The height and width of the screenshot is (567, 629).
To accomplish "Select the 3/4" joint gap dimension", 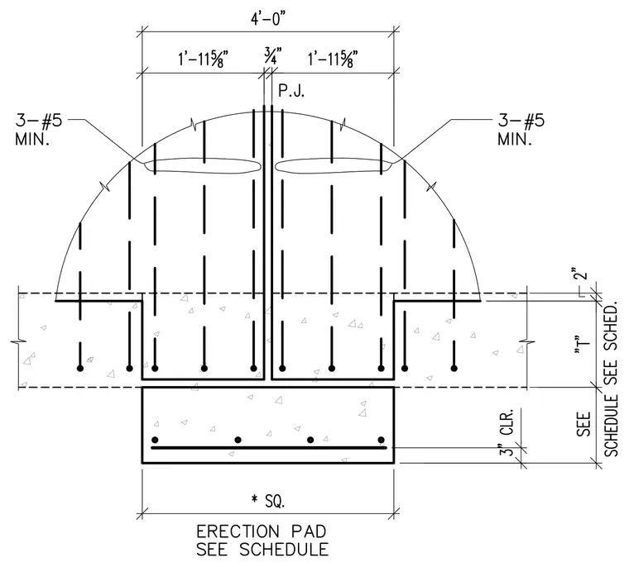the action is tap(272, 56).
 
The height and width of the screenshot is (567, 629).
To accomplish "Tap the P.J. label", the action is tap(291, 91).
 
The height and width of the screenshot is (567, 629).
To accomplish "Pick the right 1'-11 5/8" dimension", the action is tap(333, 60).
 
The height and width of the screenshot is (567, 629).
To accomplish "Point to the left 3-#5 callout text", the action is tap(39, 120).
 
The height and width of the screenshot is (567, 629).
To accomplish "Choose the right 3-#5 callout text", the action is tap(521, 120).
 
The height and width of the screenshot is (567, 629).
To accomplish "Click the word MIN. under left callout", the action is tap(32, 140).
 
